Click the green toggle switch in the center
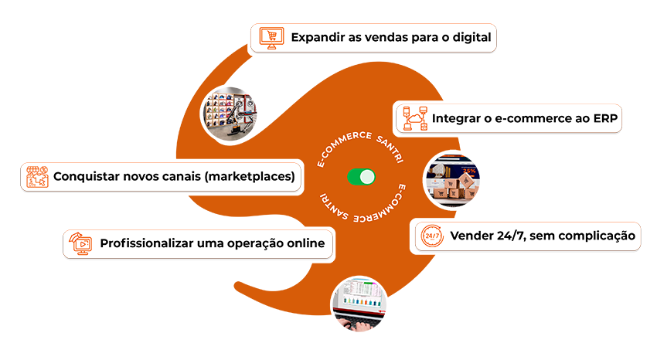[361, 177]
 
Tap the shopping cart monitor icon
[270, 36]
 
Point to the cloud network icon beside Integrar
[414, 119]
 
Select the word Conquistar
[89, 176]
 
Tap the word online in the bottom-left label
[303, 243]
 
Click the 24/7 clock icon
[430, 235]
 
